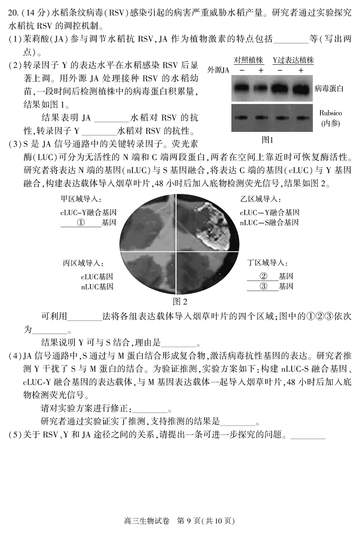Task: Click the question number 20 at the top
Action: click(13, 12)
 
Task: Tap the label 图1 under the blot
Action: click(267, 140)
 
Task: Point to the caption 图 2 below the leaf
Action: click(180, 301)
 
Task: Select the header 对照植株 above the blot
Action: click(248, 60)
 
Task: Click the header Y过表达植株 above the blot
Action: click(293, 60)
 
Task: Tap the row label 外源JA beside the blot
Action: click(218, 70)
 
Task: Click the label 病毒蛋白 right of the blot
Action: click(329, 88)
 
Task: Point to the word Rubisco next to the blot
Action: click(330, 113)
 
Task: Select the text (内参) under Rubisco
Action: click(330, 123)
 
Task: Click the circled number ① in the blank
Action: click(81, 222)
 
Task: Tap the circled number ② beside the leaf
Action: click(263, 276)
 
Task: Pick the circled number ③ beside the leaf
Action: click(263, 286)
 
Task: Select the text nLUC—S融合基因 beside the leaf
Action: click(269, 222)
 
